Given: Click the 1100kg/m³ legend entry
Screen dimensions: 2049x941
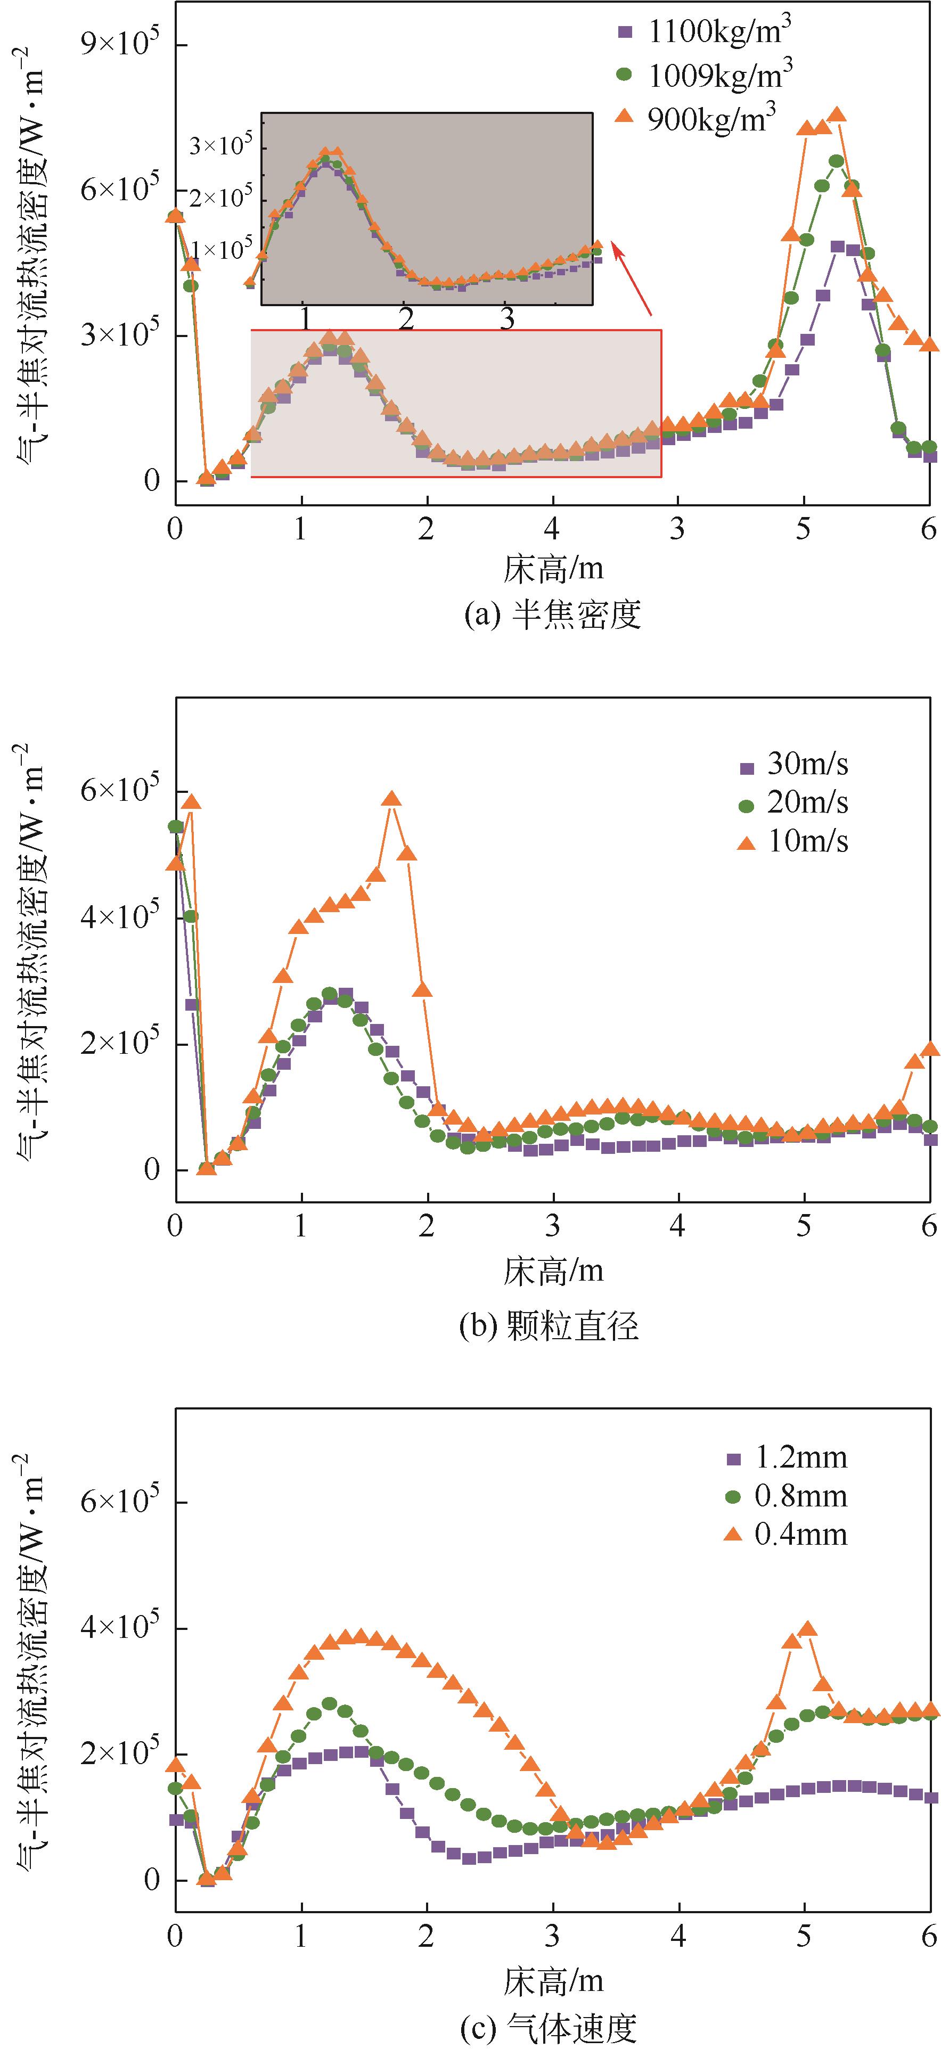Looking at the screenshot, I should (704, 32).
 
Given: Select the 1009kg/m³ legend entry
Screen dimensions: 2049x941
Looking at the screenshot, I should (704, 74).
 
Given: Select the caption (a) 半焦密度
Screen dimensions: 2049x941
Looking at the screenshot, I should (552, 615).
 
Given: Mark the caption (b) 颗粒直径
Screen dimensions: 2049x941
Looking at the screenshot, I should (549, 1326).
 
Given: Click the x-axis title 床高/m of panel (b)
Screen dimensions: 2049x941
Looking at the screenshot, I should (552, 1271).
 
